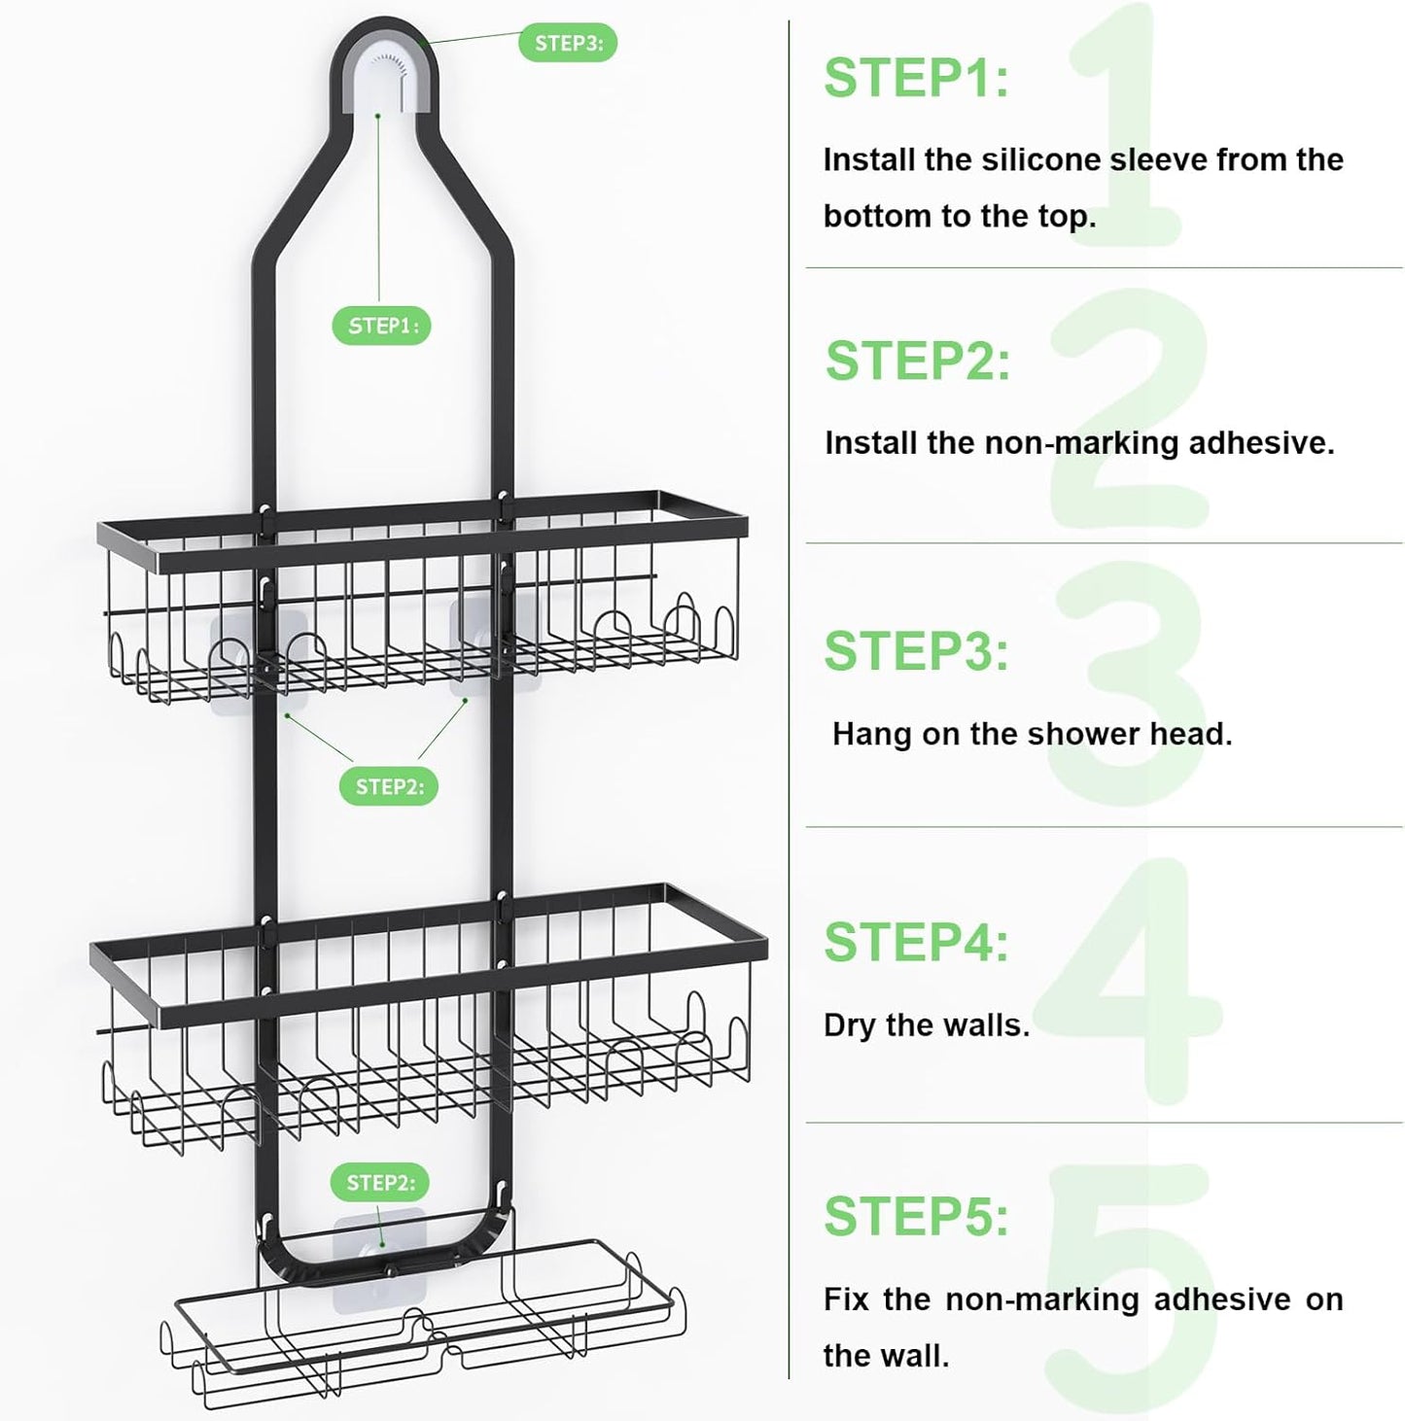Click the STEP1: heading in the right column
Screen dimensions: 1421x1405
coord(916,79)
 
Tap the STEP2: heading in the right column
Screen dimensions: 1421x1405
coord(918,362)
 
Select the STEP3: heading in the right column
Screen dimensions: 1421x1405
coord(916,651)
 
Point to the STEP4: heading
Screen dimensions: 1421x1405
coord(916,942)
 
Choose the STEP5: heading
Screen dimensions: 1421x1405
coord(916,1216)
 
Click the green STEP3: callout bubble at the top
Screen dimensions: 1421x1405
coord(568,43)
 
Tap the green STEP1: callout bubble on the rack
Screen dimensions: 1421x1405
coord(382,326)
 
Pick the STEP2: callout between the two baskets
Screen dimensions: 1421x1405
coord(389,786)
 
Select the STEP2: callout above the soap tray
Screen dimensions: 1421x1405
coord(380,1183)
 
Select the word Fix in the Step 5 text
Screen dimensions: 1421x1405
coord(846,1300)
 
